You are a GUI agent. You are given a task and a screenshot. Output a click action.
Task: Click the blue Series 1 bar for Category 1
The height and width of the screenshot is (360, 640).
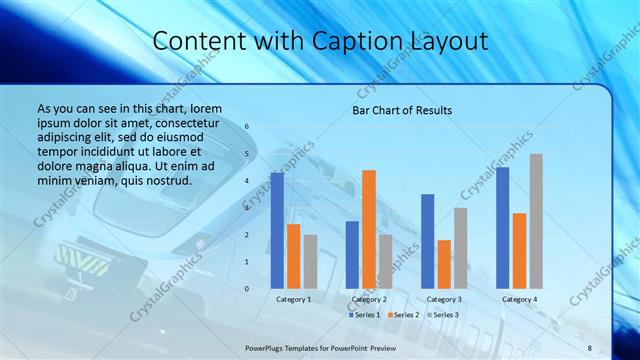(x=277, y=231)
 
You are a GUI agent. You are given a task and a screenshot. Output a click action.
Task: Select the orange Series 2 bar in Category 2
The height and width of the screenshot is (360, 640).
(x=369, y=229)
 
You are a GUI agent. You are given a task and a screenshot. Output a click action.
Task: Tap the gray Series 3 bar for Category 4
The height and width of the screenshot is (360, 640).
(x=536, y=221)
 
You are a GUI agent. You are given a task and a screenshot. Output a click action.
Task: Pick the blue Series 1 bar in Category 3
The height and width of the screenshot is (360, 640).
(x=428, y=241)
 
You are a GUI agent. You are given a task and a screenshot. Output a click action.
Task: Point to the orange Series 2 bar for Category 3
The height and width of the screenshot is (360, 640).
(x=444, y=264)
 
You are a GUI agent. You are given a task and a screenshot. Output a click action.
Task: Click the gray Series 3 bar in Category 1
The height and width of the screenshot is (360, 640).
(x=310, y=261)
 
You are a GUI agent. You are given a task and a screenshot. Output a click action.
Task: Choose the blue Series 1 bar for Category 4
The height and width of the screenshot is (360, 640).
(x=502, y=228)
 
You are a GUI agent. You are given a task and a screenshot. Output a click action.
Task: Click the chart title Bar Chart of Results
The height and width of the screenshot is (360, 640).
(x=402, y=110)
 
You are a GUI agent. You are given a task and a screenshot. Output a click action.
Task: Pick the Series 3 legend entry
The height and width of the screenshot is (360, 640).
(x=445, y=315)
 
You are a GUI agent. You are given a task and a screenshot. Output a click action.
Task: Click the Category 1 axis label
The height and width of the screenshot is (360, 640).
(x=294, y=299)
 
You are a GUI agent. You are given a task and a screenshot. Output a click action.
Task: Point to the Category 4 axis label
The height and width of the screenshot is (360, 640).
(x=519, y=299)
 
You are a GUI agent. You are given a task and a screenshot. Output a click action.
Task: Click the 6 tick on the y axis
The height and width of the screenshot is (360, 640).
(x=247, y=127)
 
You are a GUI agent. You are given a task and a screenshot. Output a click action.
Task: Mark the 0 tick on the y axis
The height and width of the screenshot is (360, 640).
(x=247, y=288)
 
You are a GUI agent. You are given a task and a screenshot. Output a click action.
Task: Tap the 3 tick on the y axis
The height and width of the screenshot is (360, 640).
(x=247, y=208)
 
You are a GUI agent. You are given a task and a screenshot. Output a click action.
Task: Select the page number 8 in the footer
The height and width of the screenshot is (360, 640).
(x=590, y=347)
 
